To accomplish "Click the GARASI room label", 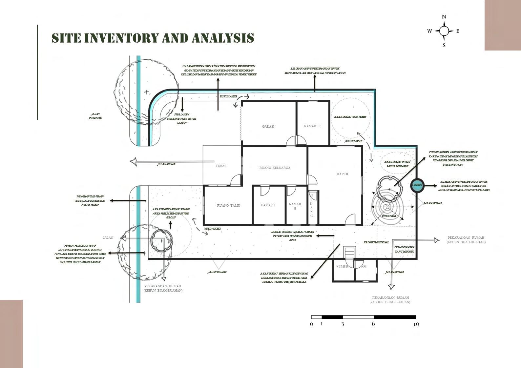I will click(268, 126).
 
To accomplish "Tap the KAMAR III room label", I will click(312, 126).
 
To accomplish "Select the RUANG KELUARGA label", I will click(275, 168).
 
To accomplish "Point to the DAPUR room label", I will click(342, 174).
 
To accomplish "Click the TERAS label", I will click(221, 166).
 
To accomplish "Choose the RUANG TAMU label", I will click(228, 205).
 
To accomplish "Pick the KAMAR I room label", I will click(268, 205).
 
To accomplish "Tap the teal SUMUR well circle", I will click(417, 185).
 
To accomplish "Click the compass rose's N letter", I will click(444, 17).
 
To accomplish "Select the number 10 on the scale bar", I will click(416, 324).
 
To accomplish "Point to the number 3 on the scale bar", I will click(343, 324).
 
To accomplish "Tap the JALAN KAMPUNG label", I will click(95, 116).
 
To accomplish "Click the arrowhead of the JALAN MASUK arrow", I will click(133, 162).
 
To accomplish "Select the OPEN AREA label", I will click(389, 216).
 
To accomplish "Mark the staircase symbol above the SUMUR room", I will click(349, 253).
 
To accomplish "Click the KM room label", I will click(364, 266).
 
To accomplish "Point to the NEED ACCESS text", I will click(212, 229).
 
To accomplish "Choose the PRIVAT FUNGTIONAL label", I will click(376, 242).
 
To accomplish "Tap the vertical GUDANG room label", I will click(311, 205).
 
